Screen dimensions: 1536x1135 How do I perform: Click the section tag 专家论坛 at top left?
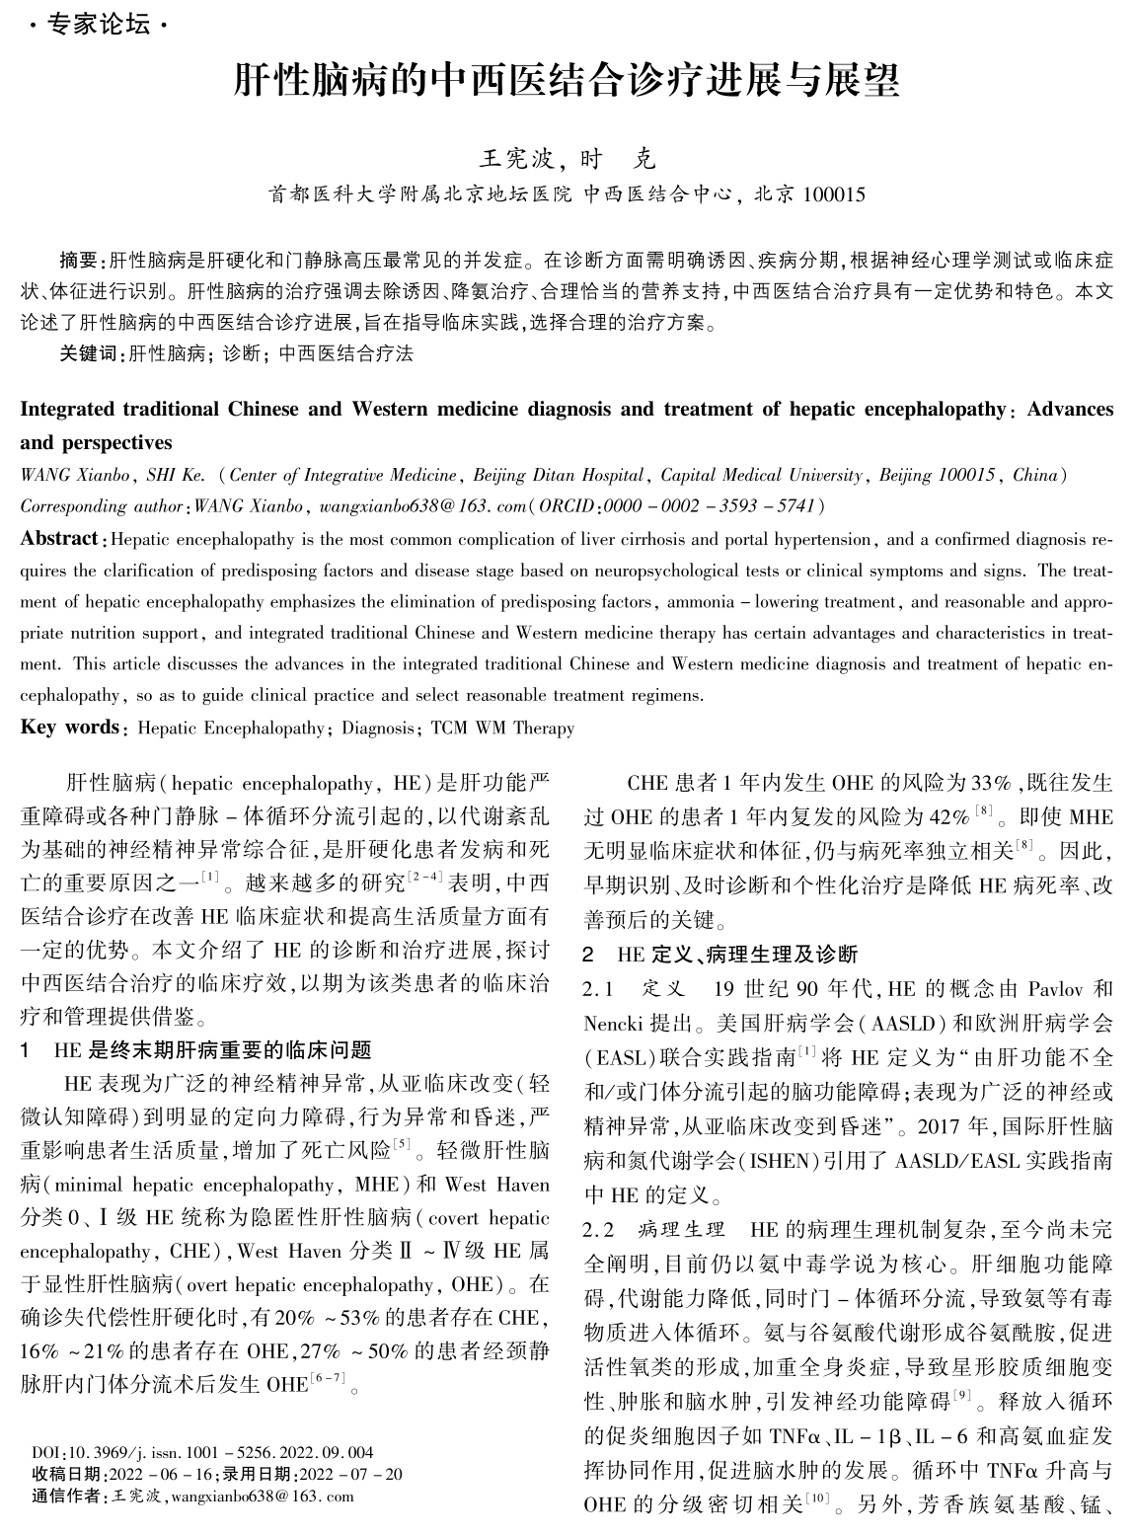pyautogui.click(x=100, y=25)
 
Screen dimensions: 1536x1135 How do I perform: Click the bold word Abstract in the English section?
pyautogui.click(x=58, y=539)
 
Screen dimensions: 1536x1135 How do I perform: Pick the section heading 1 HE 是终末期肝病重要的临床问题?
pyautogui.click(x=197, y=1049)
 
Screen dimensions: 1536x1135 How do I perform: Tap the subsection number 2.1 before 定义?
pyautogui.click(x=598, y=989)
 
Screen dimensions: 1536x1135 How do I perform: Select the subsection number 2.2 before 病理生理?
pyautogui.click(x=598, y=1230)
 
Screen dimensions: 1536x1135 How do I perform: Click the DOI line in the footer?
pyautogui.click(x=202, y=1452)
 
